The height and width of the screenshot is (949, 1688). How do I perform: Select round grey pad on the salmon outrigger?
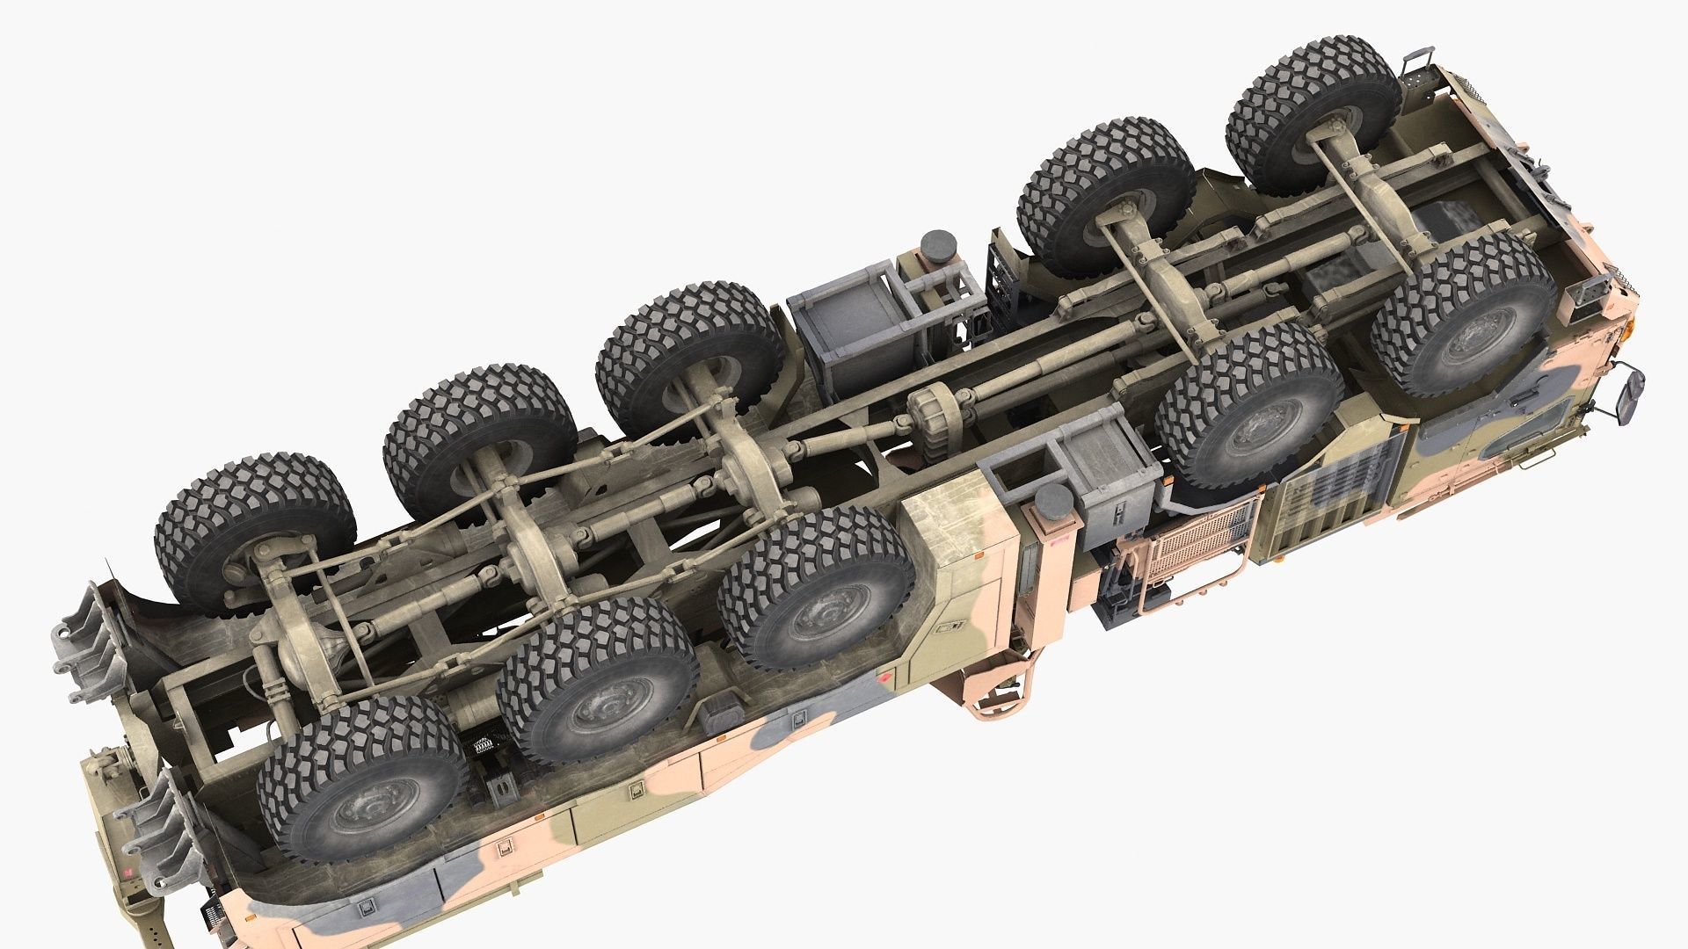coord(1054,504)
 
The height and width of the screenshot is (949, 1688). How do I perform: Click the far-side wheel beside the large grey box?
coord(690,356)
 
